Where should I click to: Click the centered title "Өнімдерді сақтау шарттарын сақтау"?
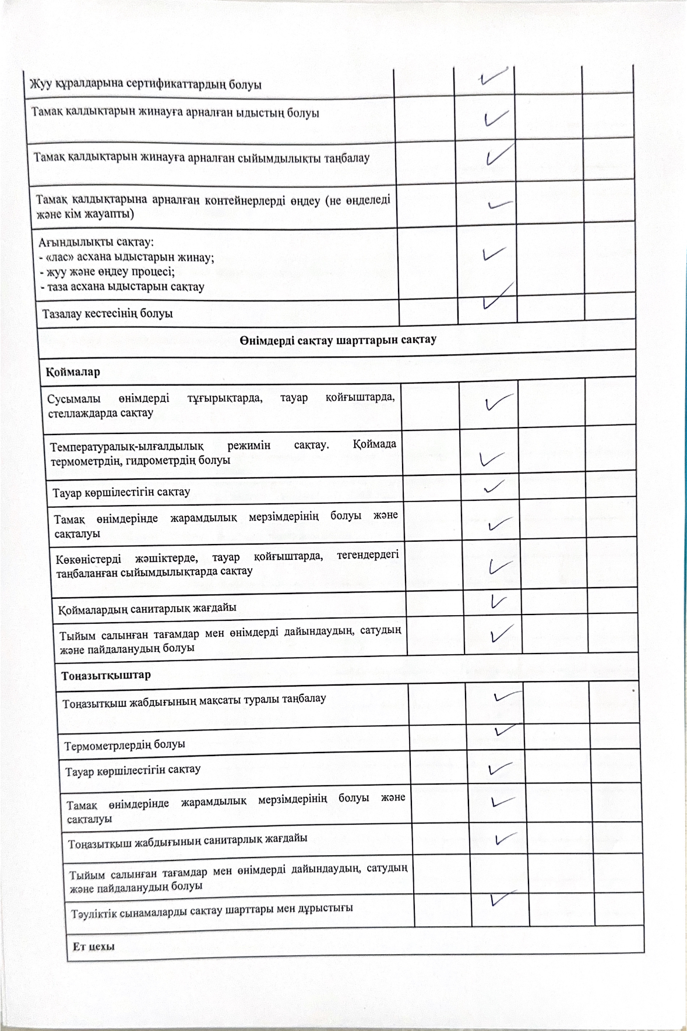pos(337,340)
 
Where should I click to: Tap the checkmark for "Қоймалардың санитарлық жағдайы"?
pos(498,601)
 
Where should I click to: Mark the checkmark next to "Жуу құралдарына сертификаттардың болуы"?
pos(495,77)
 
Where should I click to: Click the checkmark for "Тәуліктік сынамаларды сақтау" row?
pos(502,915)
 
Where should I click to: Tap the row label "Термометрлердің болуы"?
pos(125,744)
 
